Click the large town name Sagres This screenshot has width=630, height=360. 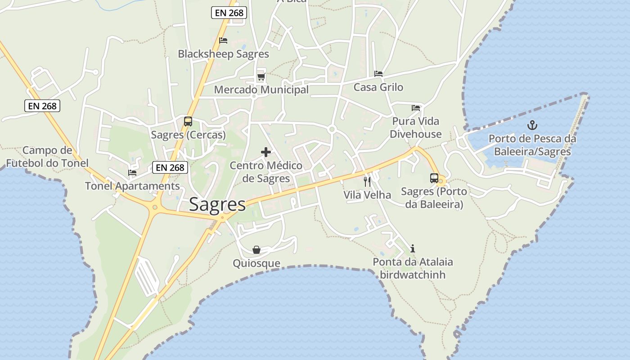click(217, 204)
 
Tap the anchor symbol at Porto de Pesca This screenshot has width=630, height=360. click(532, 125)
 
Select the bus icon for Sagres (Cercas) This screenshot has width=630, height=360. click(188, 121)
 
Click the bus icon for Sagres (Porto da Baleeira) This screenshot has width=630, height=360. click(434, 178)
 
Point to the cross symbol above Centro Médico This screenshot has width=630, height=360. click(266, 152)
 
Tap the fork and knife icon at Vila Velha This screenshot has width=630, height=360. click(367, 181)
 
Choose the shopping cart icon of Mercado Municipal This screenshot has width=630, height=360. click(261, 77)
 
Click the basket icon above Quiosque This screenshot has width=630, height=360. click(256, 250)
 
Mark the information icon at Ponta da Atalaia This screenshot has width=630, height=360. click(413, 248)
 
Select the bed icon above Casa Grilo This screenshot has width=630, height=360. click(378, 74)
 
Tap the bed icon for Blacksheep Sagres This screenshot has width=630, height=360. click(223, 40)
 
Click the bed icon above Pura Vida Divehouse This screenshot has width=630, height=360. click(416, 108)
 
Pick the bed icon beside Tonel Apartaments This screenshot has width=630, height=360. click(132, 172)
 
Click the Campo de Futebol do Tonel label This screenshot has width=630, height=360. click(47, 157)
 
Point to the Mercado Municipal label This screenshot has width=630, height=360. click(261, 90)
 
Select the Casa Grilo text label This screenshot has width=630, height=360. click(378, 87)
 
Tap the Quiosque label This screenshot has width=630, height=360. click(256, 263)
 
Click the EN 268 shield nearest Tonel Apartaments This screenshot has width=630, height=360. click(170, 167)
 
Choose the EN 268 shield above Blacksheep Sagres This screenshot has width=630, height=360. click(229, 13)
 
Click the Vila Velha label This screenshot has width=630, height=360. click(367, 195)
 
